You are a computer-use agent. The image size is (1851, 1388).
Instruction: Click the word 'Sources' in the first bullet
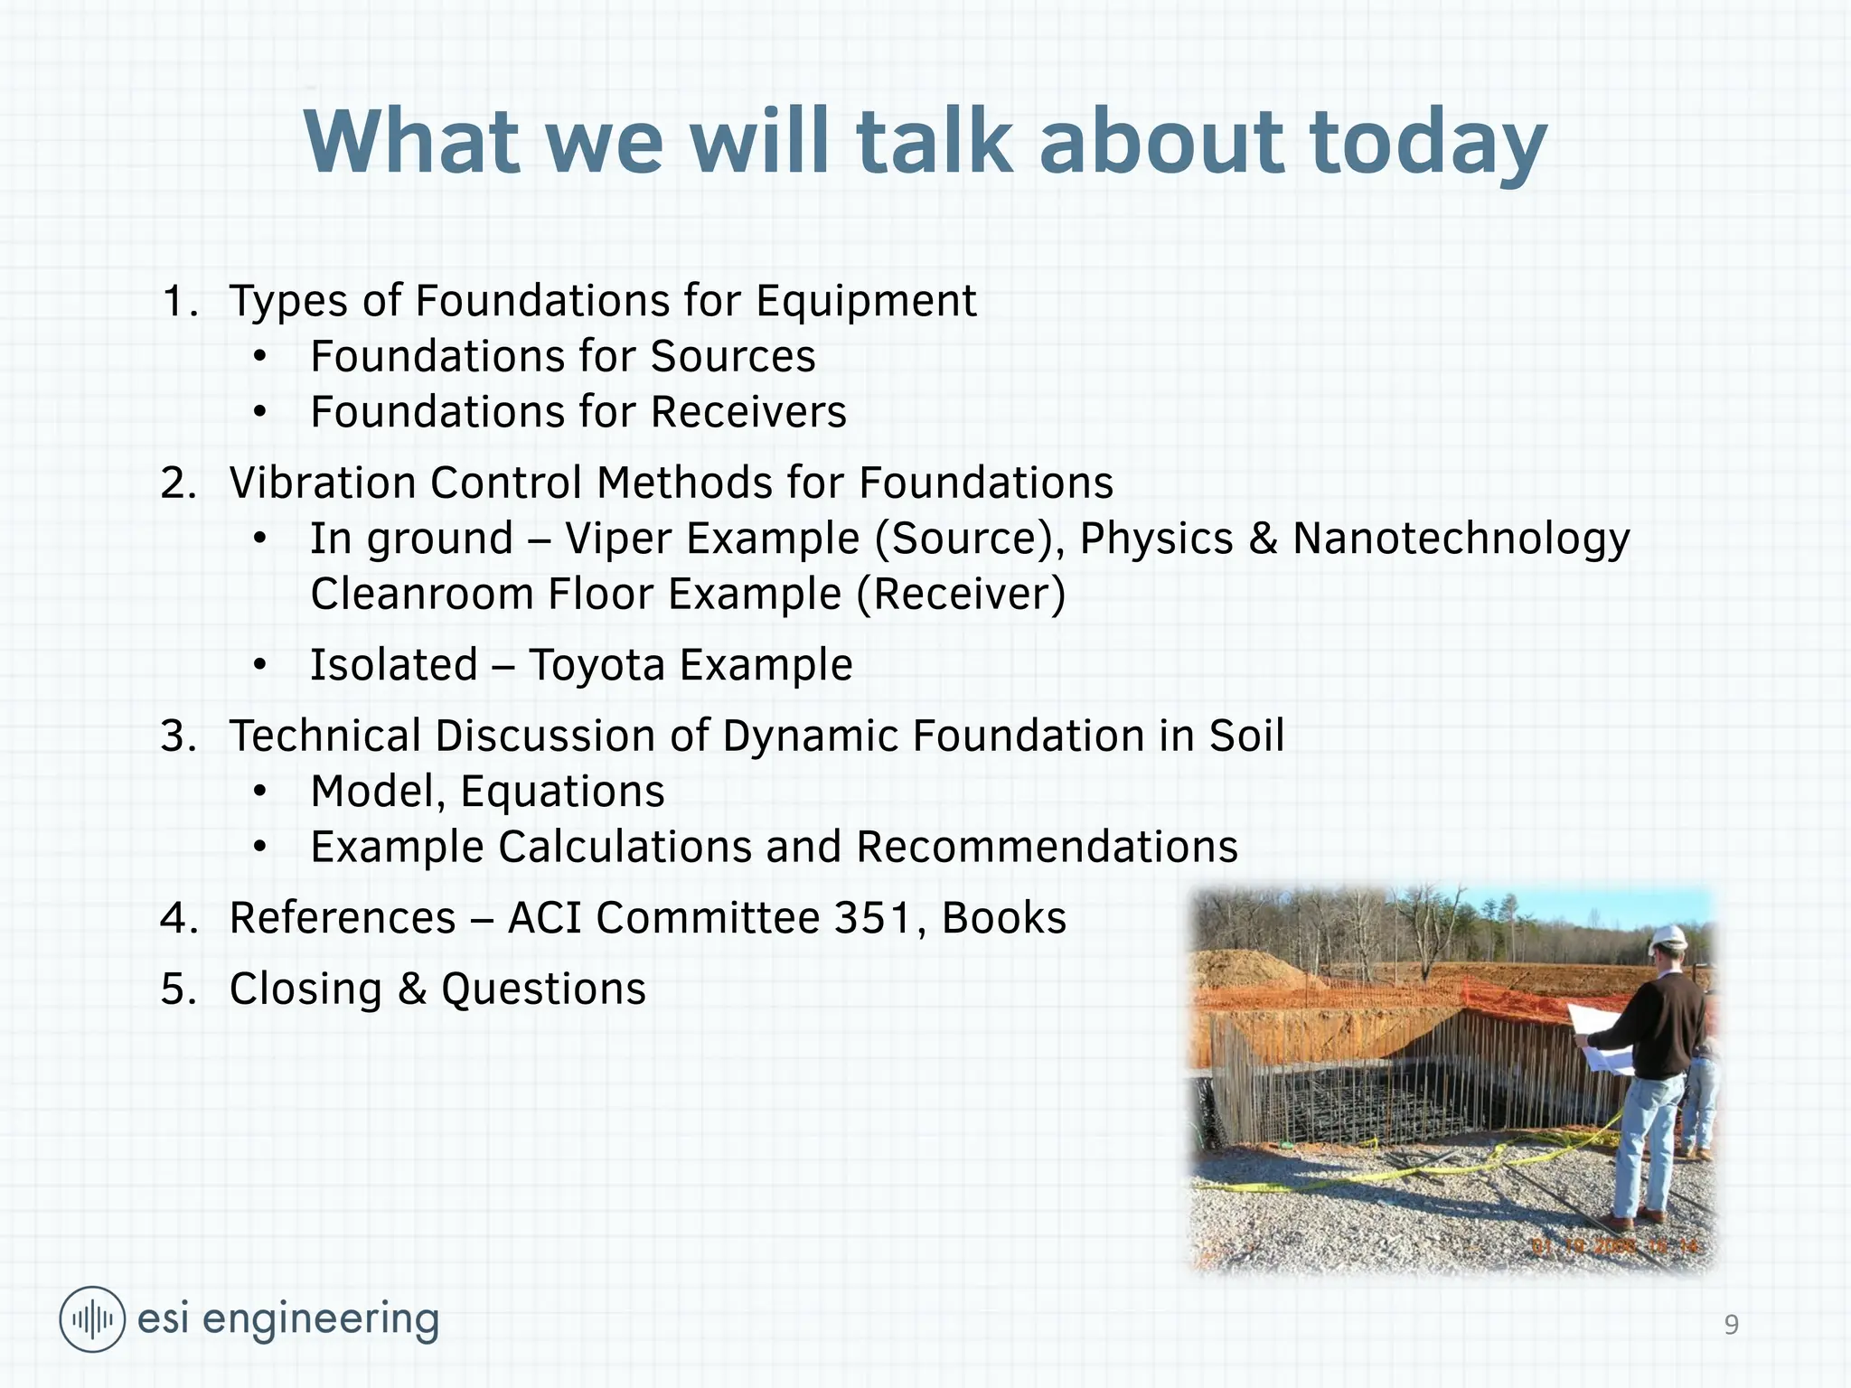tap(733, 356)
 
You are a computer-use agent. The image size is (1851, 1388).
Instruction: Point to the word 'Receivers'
tap(748, 412)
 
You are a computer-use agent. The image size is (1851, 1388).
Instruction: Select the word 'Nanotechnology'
tap(1461, 539)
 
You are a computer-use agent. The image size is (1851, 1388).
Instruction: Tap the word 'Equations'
tap(562, 792)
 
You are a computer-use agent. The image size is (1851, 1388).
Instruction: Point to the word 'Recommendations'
tap(1047, 848)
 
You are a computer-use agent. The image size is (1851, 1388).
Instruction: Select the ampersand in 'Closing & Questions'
tap(411, 989)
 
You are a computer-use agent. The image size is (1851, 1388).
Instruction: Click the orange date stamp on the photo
tap(1614, 1247)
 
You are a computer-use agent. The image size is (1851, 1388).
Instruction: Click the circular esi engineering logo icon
tap(92, 1319)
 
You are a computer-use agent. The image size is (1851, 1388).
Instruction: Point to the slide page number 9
tap(1731, 1325)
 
